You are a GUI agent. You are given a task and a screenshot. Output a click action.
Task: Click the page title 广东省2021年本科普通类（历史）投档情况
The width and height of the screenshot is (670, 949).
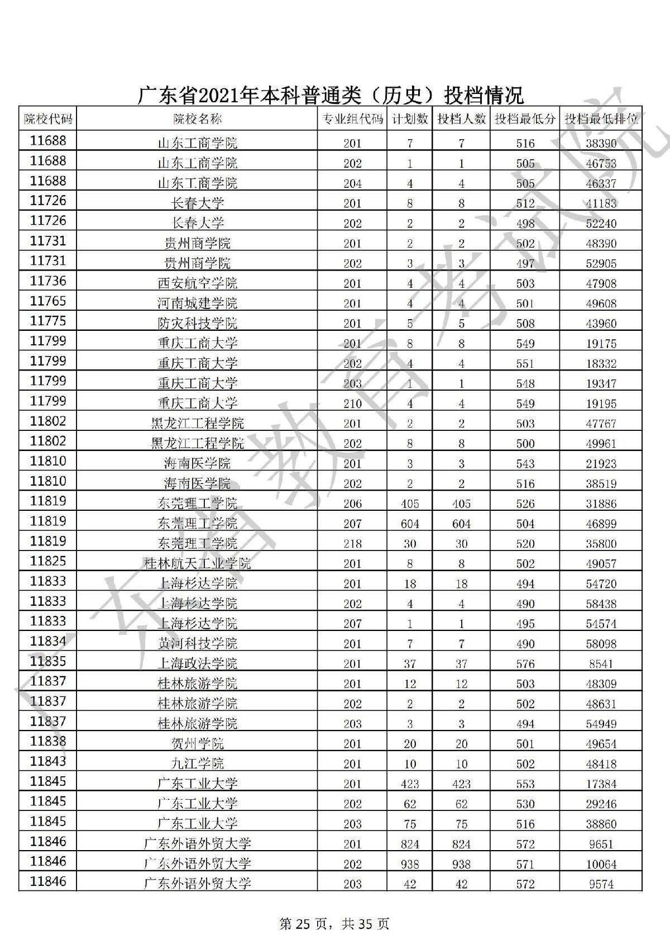(331, 95)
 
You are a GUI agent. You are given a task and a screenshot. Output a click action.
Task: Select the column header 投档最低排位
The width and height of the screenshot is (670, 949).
(601, 119)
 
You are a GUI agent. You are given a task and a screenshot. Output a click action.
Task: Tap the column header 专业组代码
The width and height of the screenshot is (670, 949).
(352, 119)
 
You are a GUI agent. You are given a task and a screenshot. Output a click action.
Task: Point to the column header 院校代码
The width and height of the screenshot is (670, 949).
(48, 119)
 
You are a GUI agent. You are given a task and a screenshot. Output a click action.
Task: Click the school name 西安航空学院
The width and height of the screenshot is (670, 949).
(197, 283)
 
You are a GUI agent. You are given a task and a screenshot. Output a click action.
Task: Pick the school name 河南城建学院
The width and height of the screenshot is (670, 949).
(197, 303)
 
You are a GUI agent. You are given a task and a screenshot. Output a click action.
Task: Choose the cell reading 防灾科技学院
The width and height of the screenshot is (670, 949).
(197, 324)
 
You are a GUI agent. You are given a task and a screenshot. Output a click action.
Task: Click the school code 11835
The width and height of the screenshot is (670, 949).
(48, 662)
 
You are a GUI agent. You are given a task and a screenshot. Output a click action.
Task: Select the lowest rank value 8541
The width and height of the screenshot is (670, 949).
(601, 664)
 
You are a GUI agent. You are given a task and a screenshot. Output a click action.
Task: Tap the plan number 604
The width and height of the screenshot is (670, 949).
(410, 524)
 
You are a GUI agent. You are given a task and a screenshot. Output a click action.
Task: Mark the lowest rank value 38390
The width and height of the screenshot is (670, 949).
(601, 143)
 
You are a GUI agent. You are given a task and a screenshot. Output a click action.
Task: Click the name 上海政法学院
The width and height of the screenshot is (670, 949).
(197, 664)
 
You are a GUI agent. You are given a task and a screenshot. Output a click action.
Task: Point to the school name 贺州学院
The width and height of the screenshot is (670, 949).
(197, 744)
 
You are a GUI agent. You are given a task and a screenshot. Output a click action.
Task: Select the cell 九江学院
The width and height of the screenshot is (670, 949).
(197, 764)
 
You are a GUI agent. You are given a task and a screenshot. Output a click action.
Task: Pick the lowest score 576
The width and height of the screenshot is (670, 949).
(525, 664)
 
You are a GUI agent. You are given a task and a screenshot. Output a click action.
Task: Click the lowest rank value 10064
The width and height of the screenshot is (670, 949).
(601, 864)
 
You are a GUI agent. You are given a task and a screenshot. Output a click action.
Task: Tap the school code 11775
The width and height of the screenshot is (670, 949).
(48, 321)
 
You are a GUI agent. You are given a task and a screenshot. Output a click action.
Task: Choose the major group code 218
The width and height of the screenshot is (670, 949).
(352, 544)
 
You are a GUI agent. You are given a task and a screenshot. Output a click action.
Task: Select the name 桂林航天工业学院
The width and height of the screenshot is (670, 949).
(197, 564)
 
